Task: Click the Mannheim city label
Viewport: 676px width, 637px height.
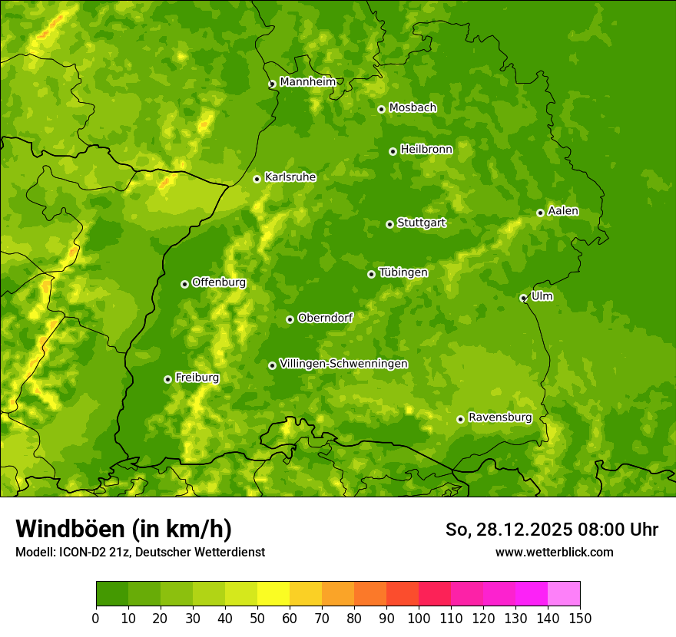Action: click(x=307, y=82)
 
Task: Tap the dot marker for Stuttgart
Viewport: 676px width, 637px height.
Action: click(x=389, y=224)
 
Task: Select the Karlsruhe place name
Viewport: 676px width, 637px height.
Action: click(x=290, y=177)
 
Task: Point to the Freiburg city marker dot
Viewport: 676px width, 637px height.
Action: click(x=167, y=379)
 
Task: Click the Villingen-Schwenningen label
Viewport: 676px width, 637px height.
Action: click(x=343, y=364)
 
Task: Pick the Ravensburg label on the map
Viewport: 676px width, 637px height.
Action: click(x=500, y=418)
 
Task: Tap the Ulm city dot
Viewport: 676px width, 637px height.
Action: click(x=523, y=298)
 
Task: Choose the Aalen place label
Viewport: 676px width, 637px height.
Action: click(x=563, y=211)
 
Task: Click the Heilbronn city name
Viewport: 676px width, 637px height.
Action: click(x=426, y=150)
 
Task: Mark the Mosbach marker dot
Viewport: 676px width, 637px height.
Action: click(x=381, y=109)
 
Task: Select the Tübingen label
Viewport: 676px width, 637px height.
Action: click(x=403, y=272)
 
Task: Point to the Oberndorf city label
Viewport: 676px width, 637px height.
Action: click(x=325, y=318)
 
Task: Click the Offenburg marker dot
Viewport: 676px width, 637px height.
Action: click(x=184, y=284)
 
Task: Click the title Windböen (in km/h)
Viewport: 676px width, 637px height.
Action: click(x=124, y=529)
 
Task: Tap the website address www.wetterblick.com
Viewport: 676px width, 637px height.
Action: click(x=554, y=552)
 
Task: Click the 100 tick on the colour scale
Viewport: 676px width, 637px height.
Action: click(x=419, y=617)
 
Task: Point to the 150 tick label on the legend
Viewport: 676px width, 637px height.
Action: click(x=580, y=617)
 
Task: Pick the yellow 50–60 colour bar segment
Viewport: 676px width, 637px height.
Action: click(x=273, y=593)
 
